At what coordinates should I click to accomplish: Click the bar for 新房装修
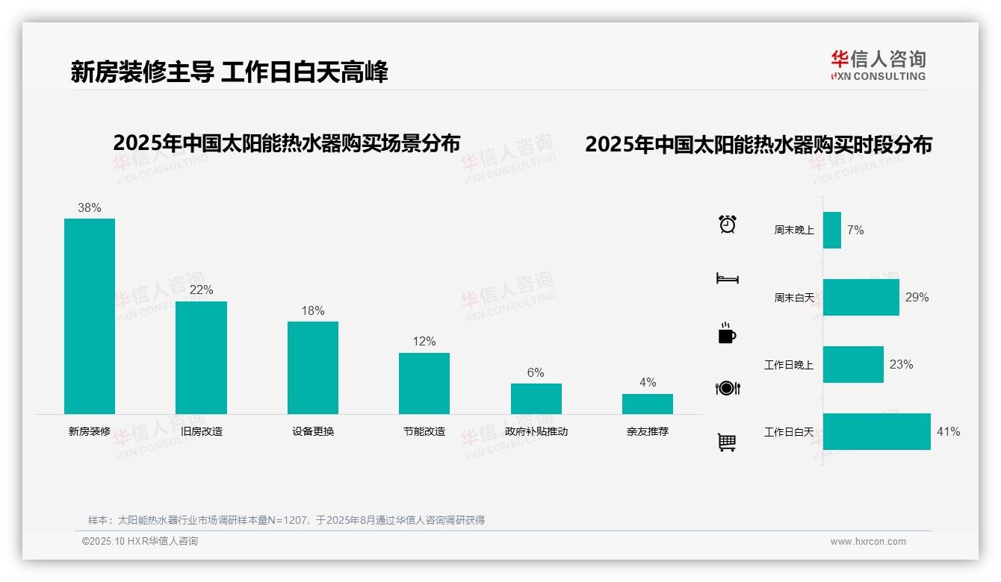coord(90,316)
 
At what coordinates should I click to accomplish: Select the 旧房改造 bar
coord(201,357)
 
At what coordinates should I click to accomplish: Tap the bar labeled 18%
coord(313,368)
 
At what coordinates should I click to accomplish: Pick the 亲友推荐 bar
coord(648,404)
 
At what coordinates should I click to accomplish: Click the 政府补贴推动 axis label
coord(536,431)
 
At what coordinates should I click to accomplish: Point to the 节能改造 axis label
coord(424,431)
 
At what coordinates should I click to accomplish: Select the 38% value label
coord(90,208)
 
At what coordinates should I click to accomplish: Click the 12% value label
coord(424,342)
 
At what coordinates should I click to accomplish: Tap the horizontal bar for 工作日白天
coord(876,431)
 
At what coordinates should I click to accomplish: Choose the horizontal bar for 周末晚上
coord(832,230)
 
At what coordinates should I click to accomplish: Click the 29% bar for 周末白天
coord(861,297)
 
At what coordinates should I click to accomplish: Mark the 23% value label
coord(901,365)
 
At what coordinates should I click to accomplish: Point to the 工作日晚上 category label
coord(788,365)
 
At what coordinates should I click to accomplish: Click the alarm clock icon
coord(728,224)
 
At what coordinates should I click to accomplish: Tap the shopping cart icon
coord(727,442)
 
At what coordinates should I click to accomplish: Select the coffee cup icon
coord(727,334)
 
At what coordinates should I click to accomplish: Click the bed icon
coord(727,278)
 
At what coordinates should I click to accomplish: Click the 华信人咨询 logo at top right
coord(878,65)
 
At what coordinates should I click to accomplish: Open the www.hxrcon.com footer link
coord(868,542)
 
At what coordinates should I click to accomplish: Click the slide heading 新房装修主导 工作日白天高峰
coord(229,72)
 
